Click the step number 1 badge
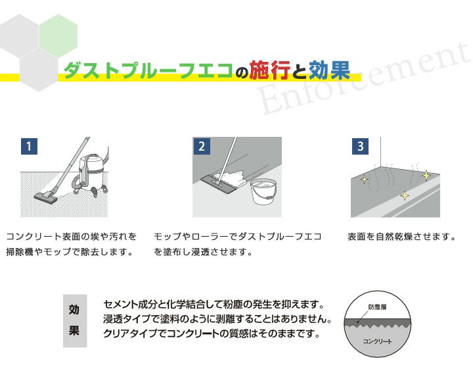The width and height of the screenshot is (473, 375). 29,146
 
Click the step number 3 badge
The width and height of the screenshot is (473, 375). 359,146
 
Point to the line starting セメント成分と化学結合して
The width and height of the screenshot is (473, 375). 214,305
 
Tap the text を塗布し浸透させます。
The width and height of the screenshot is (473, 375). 203,252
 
